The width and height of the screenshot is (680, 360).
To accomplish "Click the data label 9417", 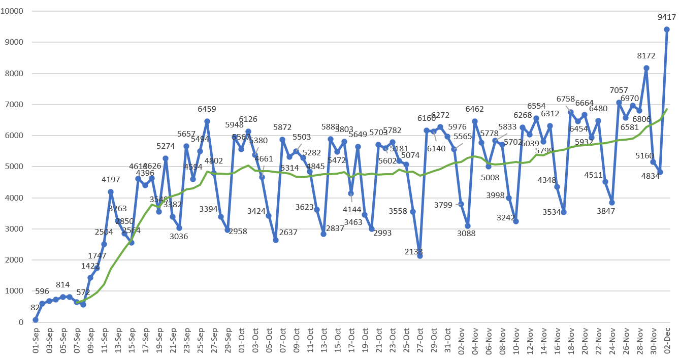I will click(667, 17).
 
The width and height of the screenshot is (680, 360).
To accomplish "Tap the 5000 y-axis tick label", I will click(15, 167).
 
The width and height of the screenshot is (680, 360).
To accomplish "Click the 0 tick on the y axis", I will click(21, 322).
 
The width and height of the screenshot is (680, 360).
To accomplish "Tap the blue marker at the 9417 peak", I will click(667, 29).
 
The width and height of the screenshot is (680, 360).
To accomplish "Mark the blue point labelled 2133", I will click(420, 256).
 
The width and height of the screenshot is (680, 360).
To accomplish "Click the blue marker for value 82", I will click(36, 320).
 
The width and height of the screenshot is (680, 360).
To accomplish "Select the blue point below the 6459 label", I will click(207, 121).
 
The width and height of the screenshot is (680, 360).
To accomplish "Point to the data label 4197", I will click(111, 179).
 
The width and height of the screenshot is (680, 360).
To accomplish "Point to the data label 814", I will click(63, 285).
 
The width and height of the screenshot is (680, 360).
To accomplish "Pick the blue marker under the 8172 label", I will click(646, 68).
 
